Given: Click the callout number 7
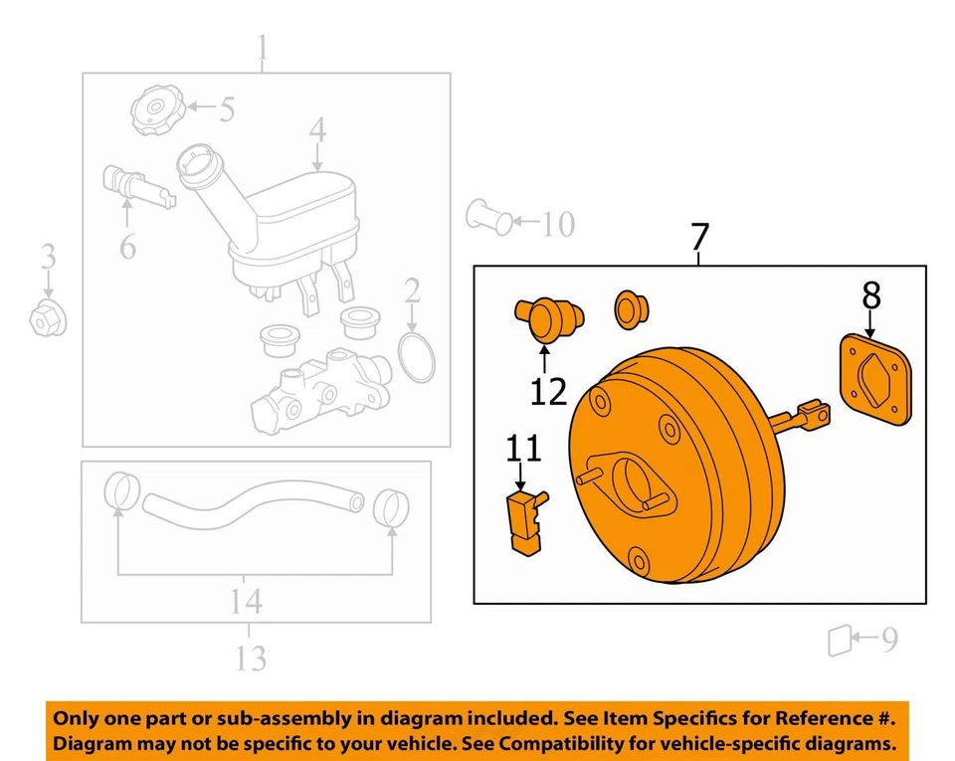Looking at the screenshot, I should [x=699, y=238].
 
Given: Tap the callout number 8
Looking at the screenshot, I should [x=870, y=295].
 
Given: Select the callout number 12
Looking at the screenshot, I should [x=548, y=391].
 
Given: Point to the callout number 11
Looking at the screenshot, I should [x=524, y=450].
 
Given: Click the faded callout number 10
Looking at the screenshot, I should [x=558, y=225].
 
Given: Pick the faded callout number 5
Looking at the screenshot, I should [x=227, y=109].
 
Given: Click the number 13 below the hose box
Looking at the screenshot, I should [x=251, y=657].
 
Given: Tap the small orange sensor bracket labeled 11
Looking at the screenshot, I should [x=523, y=518].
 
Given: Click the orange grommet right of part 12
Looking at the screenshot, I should [x=629, y=308].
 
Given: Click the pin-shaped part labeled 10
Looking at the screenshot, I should [x=490, y=216].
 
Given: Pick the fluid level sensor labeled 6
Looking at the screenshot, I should [x=133, y=186].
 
